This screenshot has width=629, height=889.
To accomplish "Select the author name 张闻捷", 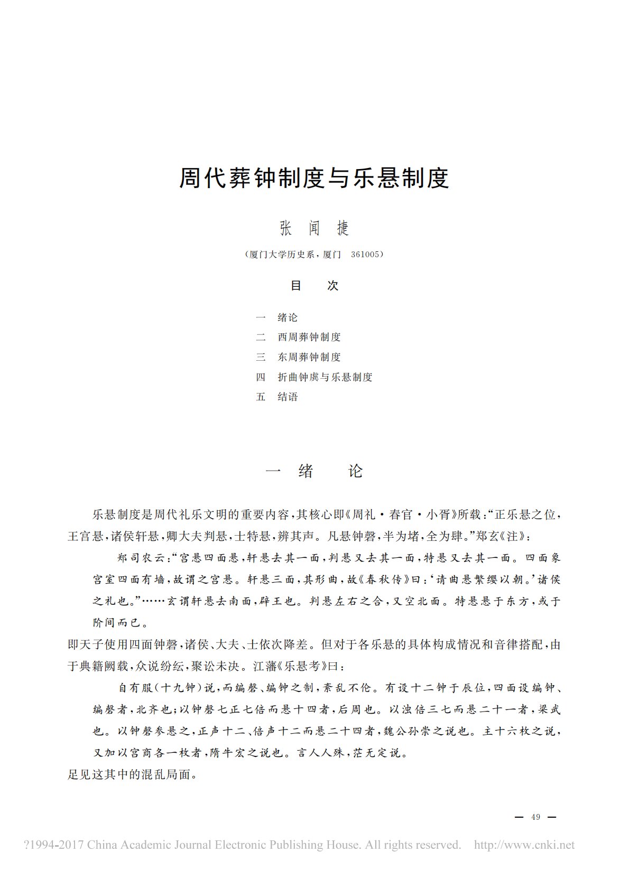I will [x=314, y=228].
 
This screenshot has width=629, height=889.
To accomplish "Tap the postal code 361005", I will [x=365, y=255].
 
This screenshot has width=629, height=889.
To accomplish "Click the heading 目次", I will [x=314, y=286].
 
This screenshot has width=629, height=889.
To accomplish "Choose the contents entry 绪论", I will [x=288, y=317].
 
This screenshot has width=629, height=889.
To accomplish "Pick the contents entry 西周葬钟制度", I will [x=309, y=337].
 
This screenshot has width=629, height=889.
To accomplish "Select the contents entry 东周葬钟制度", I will [x=309, y=357].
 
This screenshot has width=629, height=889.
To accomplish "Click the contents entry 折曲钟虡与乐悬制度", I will [x=325, y=377].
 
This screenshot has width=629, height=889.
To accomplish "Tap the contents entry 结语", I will [x=288, y=397].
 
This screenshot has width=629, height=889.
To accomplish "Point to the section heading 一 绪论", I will [x=314, y=471].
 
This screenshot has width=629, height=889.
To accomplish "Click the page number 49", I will [x=535, y=817].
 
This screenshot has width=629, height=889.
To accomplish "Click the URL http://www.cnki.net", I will [x=524, y=845].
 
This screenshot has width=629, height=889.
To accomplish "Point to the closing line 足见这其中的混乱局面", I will [x=132, y=775].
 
